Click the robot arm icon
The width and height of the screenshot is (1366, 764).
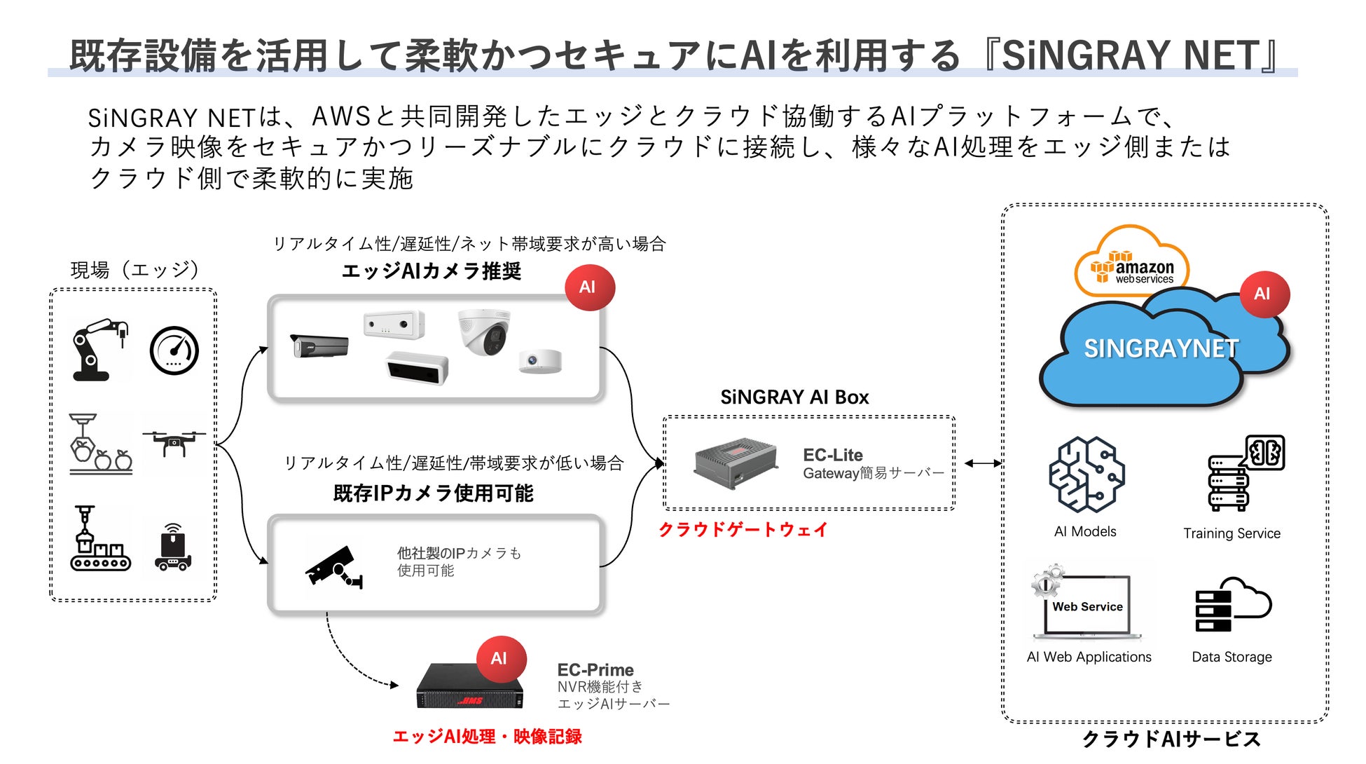99,350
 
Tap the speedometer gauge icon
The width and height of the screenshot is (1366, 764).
174,350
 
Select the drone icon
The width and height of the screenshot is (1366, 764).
174,442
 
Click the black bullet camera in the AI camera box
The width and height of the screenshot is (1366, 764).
319,346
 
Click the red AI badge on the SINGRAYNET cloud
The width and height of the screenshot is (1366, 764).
1262,294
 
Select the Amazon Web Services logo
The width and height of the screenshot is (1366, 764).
1132,267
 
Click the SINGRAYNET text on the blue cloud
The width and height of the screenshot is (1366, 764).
1161,348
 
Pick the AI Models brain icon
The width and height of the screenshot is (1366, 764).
1086,475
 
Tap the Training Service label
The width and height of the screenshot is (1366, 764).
1232,533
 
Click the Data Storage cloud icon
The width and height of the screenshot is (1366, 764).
1232,605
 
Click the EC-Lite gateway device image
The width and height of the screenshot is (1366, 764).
736,463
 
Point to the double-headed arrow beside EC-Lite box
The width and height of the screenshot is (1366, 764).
983,463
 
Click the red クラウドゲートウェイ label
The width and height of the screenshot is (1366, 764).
743,530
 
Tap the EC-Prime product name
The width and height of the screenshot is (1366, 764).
595,670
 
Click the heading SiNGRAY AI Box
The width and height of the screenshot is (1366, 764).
794,397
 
